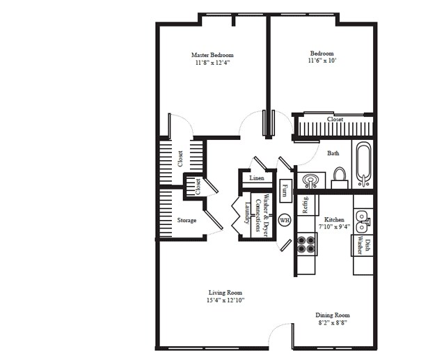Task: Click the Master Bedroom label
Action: (212, 54)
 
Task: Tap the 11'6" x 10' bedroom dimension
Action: (322, 61)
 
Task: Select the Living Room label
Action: (225, 292)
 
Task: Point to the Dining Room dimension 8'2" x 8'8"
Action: (331, 322)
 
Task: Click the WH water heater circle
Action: (284, 220)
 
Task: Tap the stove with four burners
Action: (306, 244)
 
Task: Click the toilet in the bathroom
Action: (340, 176)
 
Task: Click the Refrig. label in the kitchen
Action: (305, 205)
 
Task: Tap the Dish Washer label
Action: (360, 246)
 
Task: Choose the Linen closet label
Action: (255, 179)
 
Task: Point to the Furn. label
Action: (285, 189)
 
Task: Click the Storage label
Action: (187, 220)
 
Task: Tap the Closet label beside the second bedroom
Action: (335, 119)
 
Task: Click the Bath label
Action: (333, 153)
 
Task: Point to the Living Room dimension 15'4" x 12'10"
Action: (225, 300)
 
